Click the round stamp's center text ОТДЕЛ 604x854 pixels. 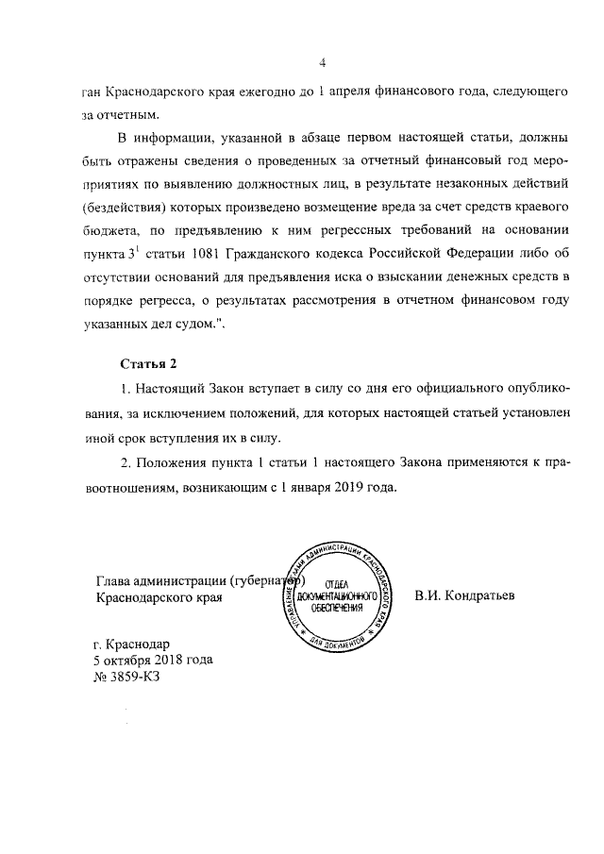[337, 584]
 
